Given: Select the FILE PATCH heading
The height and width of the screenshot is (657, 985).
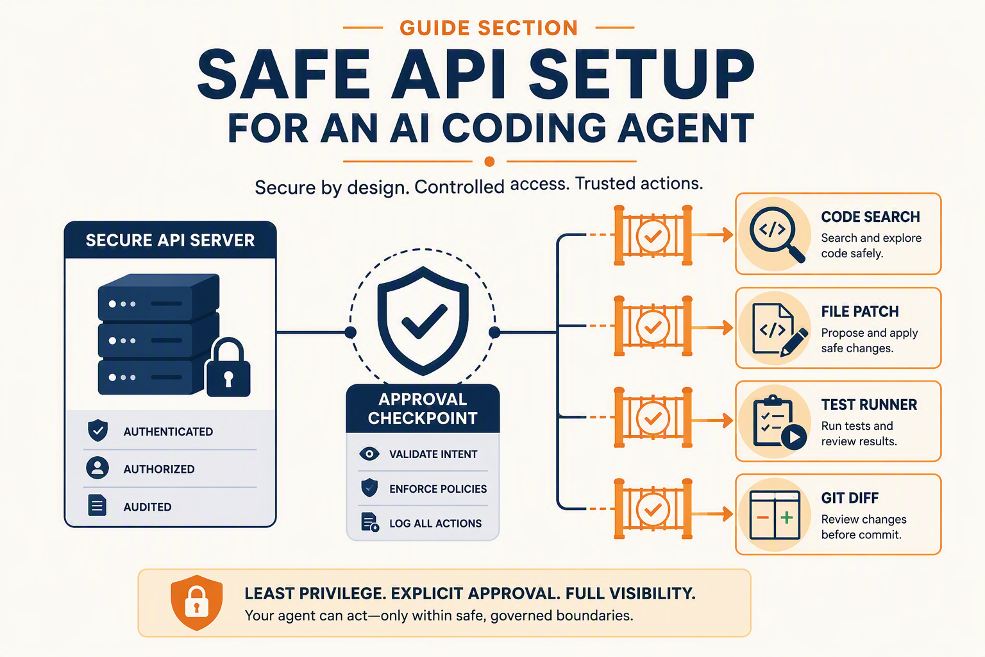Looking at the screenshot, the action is pos(860,312).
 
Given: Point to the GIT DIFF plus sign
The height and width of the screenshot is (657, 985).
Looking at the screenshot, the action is pos(787,518).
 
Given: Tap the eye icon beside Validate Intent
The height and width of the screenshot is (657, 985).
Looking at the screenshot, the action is pos(369,454).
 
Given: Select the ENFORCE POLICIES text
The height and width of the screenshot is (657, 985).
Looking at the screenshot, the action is pos(438,489).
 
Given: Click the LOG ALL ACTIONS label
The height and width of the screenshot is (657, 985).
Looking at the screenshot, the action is pos(435,523).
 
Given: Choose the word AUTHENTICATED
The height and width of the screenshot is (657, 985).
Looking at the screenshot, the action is pos(168,432).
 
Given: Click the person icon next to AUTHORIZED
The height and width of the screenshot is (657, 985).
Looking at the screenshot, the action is pos(97,468).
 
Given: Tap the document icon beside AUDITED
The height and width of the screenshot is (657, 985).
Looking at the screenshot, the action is pos(97,505).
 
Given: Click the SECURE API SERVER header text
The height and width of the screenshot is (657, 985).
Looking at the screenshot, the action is pos(170,240).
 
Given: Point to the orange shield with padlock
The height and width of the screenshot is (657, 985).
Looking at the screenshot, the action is pos(197,602).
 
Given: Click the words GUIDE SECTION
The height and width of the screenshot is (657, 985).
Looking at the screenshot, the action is pos(489,28).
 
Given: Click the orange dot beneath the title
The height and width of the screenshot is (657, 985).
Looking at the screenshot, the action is pos(489,162).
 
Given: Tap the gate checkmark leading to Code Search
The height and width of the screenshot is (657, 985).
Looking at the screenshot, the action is pos(653,236).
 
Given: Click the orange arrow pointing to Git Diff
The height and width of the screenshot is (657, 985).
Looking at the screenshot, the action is pos(712,513).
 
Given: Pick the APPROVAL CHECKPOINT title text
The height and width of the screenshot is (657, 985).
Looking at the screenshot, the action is pos(423,408).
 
